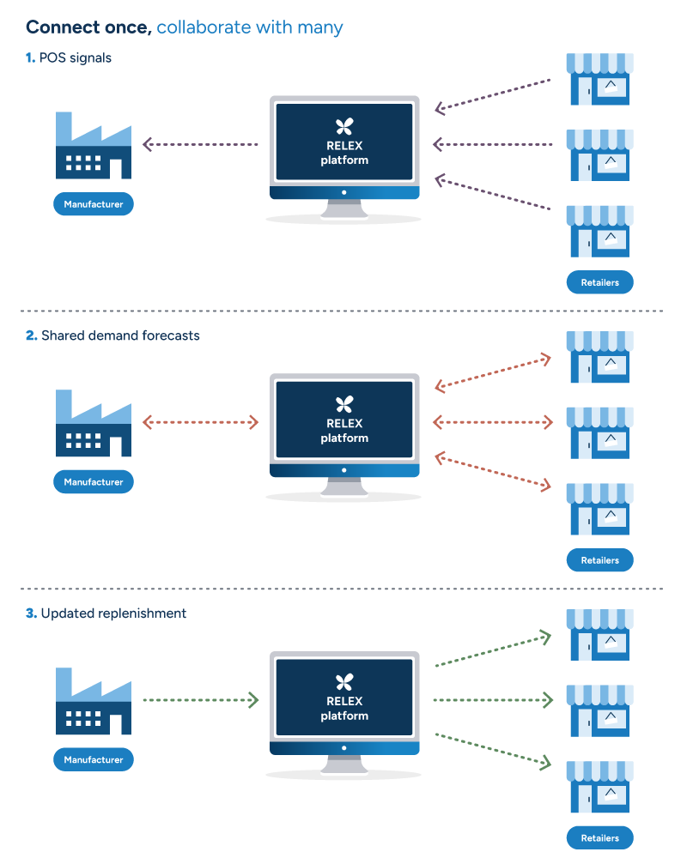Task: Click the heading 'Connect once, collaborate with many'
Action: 185,27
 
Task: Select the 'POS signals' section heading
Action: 76,58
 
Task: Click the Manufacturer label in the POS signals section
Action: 94,204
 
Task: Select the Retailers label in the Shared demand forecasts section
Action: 599,560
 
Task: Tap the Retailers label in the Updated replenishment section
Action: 599,837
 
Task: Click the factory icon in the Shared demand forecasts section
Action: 94,423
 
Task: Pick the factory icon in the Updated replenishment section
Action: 94,701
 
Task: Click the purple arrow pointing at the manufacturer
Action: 200,145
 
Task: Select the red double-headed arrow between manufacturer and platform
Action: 200,422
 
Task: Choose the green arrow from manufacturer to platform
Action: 200,700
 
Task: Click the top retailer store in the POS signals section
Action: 599,80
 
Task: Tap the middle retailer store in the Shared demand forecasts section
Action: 599,432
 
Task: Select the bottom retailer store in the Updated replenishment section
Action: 599,786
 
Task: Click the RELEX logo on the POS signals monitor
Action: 344,127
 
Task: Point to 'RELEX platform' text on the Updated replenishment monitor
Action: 344,709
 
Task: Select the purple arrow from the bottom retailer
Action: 493,194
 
